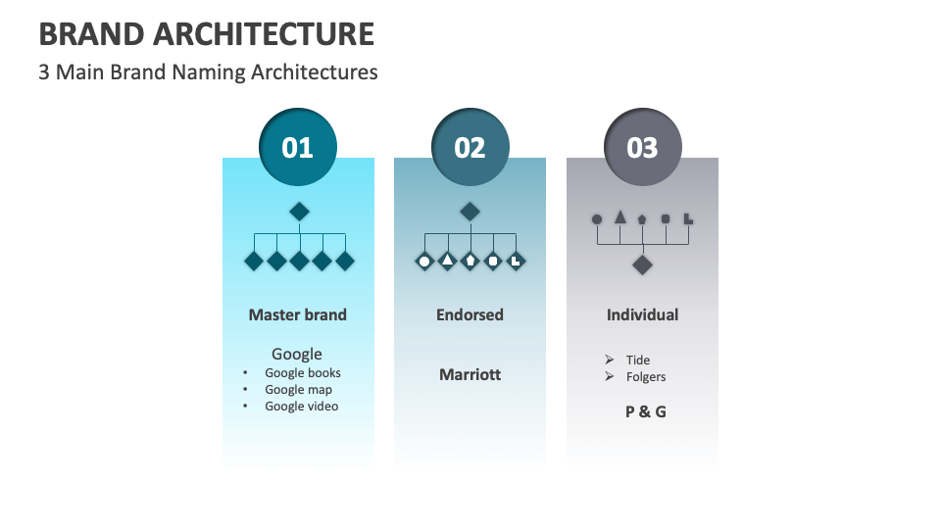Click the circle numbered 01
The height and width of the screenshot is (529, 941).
coord(297,147)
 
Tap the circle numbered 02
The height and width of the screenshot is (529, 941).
coord(470,147)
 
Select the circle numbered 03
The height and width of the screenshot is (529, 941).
coord(642,147)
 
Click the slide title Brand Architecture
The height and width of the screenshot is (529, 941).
coord(207,34)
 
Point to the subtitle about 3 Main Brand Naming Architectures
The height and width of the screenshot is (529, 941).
coord(208,72)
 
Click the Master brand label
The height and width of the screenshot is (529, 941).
coord(297,314)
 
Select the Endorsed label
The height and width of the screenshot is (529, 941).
coord(470,314)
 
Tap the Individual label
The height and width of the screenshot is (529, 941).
coord(642,314)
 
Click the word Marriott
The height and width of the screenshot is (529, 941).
coord(470,374)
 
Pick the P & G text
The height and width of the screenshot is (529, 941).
coord(645,411)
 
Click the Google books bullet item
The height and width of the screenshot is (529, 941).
coord(303,372)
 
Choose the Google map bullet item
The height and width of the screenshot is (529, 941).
coord(298,389)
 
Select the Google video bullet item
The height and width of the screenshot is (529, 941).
coord(301,406)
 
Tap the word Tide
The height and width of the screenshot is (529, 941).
coord(638,360)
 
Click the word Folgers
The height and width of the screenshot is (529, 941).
coord(646,376)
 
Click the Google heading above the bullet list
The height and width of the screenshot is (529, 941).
coord(297,354)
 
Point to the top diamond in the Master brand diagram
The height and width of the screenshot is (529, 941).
coord(299,211)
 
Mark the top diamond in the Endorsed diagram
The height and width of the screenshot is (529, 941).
coord(470,211)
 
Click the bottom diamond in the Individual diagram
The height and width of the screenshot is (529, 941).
coord(642,264)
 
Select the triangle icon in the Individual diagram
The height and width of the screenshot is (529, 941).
coord(619,216)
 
